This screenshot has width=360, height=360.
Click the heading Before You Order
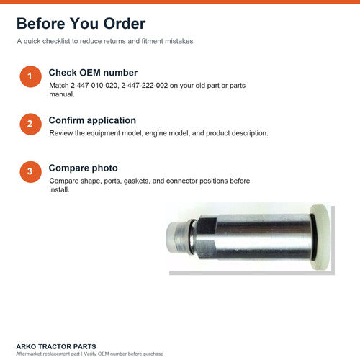click(81, 24)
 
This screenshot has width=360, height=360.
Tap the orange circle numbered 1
click(30, 76)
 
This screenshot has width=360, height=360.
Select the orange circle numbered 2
click(30, 124)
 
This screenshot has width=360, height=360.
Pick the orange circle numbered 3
click(30, 172)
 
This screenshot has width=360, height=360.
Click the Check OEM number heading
click(93, 73)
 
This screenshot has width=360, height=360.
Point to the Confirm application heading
click(92, 120)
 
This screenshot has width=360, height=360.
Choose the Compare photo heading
click(84, 168)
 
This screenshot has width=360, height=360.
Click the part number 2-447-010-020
click(94, 86)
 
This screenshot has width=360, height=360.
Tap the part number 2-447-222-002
click(145, 86)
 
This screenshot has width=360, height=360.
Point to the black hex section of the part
click(207, 238)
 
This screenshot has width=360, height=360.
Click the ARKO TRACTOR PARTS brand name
click(56, 346)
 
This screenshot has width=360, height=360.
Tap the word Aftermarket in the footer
click(28, 354)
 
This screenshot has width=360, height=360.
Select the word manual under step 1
click(62, 94)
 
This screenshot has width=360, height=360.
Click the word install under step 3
click(59, 189)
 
